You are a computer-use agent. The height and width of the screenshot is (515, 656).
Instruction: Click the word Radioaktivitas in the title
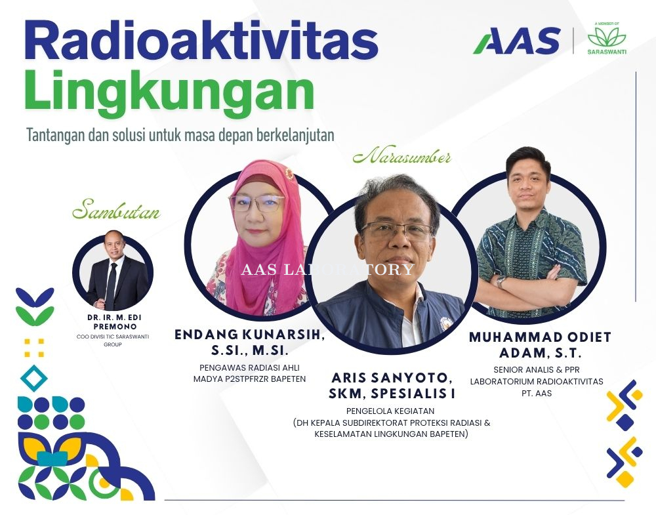pos(201,40)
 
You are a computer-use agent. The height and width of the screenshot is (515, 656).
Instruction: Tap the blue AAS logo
pos(517,41)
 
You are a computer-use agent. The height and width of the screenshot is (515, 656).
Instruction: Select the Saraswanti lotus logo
pos(607,39)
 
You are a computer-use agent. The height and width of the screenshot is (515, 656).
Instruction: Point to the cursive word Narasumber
pos(402,157)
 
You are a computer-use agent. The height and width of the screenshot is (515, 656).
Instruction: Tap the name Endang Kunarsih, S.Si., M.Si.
pos(249,342)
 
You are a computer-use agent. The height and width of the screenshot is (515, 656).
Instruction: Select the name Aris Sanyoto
pos(392,378)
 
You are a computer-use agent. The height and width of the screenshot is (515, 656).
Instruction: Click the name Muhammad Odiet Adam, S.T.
pos(540,344)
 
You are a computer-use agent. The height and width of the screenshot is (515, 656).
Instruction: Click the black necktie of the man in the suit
pos(110,285)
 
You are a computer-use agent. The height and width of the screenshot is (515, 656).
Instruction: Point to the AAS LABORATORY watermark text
pos(327,269)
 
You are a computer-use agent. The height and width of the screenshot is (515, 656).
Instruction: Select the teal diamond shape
pos(34,378)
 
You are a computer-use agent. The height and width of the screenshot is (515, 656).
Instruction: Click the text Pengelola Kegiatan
pos(390,411)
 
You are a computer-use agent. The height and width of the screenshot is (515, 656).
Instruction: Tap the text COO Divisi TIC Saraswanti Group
pos(113,340)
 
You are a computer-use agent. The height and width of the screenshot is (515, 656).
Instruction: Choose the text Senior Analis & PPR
pos(537,370)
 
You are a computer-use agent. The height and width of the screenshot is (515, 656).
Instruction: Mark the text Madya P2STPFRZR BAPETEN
pos(249,379)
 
